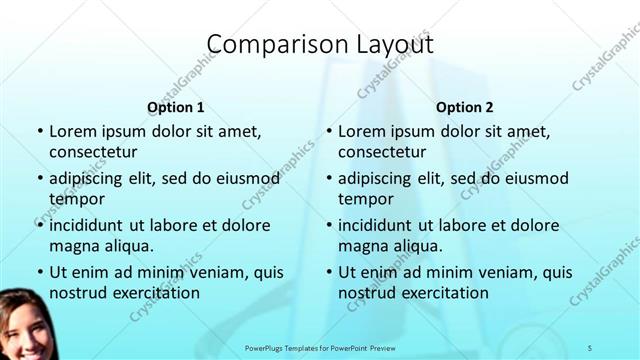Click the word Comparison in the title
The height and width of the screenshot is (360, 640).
pos(268,45)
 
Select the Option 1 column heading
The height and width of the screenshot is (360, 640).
pos(176,107)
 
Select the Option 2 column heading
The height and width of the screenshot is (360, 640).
pos(465,107)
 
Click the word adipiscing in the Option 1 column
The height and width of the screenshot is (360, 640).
pos(89,179)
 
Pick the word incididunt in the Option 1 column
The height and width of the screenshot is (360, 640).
pos(91,225)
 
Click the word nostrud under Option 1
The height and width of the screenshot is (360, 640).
pos(77,292)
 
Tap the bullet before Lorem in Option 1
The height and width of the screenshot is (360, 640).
pos(39,132)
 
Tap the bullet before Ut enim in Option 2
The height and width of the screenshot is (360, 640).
pos(328,272)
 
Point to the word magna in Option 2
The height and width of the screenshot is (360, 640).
pos(362,245)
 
